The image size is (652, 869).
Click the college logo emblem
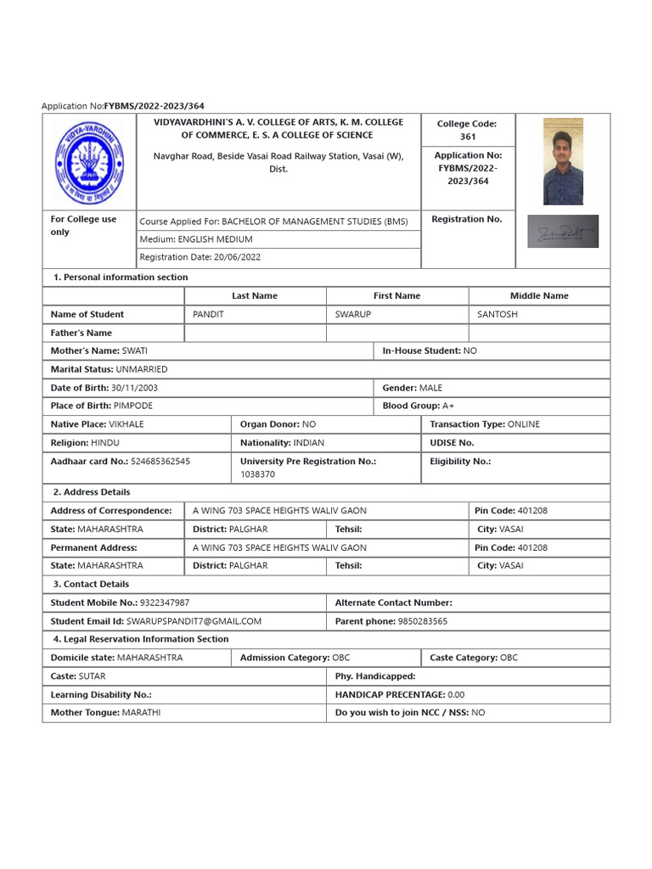[91, 161]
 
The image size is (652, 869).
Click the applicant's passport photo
[563, 161]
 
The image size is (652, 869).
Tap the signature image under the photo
[563, 231]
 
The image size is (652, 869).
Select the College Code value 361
[468, 137]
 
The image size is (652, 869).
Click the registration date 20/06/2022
[237, 257]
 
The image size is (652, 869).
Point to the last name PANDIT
[207, 314]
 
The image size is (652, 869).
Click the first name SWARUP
[353, 314]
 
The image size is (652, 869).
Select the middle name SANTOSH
[497, 314]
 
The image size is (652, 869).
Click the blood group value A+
[448, 406]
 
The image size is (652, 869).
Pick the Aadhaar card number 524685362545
[160, 462]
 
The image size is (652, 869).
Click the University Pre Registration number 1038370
[257, 474]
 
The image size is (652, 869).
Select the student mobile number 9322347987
[165, 603]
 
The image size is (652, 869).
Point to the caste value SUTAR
[93, 676]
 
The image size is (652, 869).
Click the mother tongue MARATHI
[141, 713]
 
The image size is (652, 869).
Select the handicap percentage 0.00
[456, 694]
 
